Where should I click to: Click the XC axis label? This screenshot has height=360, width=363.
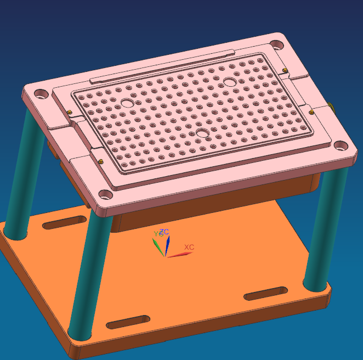tap(189, 248)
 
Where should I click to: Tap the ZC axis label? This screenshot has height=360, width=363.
tap(165, 233)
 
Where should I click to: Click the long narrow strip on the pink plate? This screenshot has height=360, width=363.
tap(162, 66)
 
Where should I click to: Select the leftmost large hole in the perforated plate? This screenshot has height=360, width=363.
tap(127, 103)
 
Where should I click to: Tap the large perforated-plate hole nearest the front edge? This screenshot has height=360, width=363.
tap(203, 133)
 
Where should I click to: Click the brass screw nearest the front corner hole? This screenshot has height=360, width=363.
tap(102, 160)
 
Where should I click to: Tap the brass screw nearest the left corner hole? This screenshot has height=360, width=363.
tap(71, 112)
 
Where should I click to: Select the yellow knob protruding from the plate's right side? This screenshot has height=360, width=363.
tap(331, 106)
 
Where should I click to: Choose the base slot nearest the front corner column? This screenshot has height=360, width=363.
tap(128, 322)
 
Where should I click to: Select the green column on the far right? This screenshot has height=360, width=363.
tap(330, 230)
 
